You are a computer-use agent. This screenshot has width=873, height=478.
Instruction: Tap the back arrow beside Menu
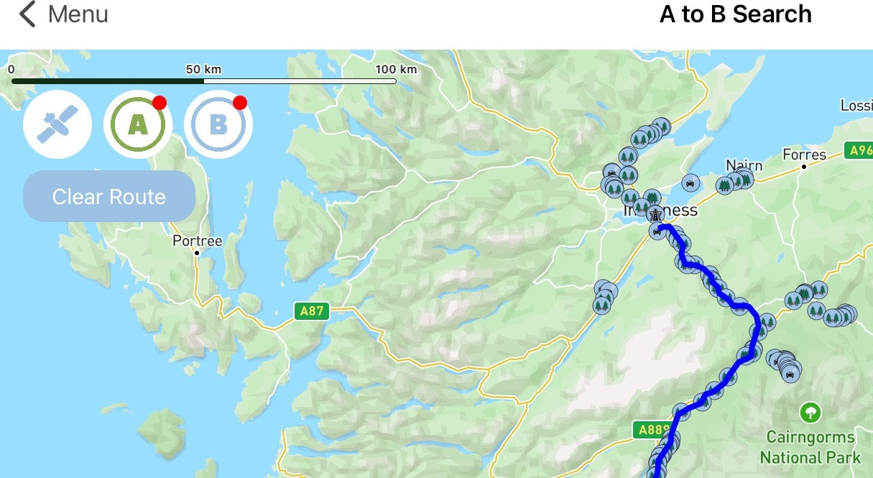point(27,14)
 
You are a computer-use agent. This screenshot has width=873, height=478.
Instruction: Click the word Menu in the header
point(78,14)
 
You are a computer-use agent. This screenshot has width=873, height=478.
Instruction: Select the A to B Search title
point(735,14)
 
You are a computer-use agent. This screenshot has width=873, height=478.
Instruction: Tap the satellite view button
point(57,125)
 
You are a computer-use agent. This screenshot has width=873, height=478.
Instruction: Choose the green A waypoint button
point(137,125)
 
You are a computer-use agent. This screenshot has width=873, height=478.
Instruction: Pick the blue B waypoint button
point(218,125)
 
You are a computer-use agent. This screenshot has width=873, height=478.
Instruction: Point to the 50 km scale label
point(203,70)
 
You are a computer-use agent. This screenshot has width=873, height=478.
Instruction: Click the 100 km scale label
point(395,70)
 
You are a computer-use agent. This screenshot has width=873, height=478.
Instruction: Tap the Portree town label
point(198,241)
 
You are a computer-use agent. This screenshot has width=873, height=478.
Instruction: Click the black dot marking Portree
point(197,253)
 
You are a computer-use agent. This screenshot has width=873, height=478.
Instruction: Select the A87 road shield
point(311,311)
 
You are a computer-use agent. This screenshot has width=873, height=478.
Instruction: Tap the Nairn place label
point(744,165)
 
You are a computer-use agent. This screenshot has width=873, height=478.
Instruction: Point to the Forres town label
point(804,155)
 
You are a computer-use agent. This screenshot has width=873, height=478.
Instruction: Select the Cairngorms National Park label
point(810,447)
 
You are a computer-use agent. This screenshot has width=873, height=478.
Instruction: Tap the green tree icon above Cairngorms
point(810,413)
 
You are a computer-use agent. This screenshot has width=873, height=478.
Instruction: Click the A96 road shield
point(859,151)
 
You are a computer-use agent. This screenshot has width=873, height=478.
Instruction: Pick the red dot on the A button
point(160,102)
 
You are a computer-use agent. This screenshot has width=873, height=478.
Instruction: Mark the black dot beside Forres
point(804,167)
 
